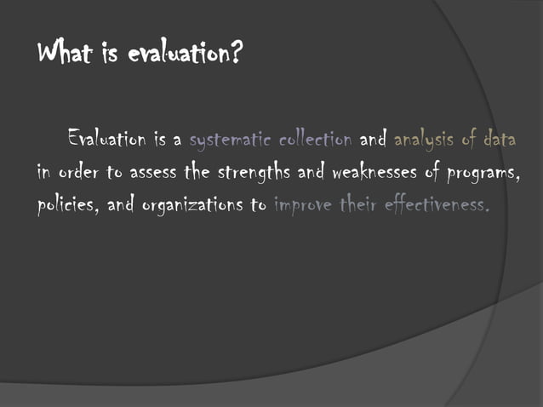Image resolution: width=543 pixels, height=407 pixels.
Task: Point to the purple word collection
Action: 316,137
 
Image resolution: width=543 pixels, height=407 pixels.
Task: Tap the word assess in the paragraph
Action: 152,172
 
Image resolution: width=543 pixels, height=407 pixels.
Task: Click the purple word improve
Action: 301,206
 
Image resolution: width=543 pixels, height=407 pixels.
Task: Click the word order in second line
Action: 78,172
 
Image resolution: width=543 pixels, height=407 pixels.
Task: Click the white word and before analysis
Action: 374,137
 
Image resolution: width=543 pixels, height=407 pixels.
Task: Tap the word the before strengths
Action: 197,171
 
